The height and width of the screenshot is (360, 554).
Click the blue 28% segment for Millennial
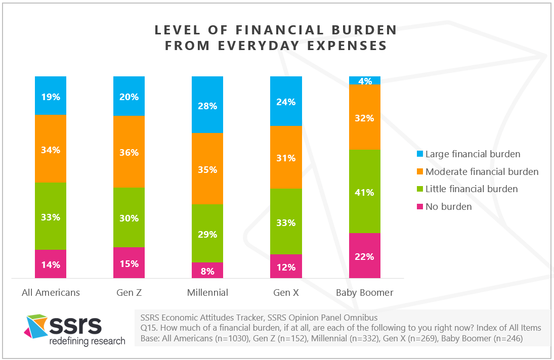point(207,105)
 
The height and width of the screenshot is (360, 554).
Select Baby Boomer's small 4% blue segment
point(365,80)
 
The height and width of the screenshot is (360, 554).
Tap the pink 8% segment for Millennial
point(207,271)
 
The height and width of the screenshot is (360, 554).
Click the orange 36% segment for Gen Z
point(129,152)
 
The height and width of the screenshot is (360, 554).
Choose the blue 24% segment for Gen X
point(286,101)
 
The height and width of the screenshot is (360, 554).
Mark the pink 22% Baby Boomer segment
point(365,256)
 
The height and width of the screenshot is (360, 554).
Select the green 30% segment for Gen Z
point(129,217)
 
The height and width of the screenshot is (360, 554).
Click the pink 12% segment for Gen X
point(286,266)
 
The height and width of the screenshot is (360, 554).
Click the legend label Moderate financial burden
point(482,172)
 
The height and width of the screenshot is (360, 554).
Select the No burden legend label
point(448,206)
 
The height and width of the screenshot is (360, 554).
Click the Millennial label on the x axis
point(207,293)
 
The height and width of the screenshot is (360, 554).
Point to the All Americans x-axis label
point(51,293)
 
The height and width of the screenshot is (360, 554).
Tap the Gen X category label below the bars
point(286,293)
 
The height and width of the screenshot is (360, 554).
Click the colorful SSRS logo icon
point(37,326)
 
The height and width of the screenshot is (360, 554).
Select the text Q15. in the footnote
point(148,328)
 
